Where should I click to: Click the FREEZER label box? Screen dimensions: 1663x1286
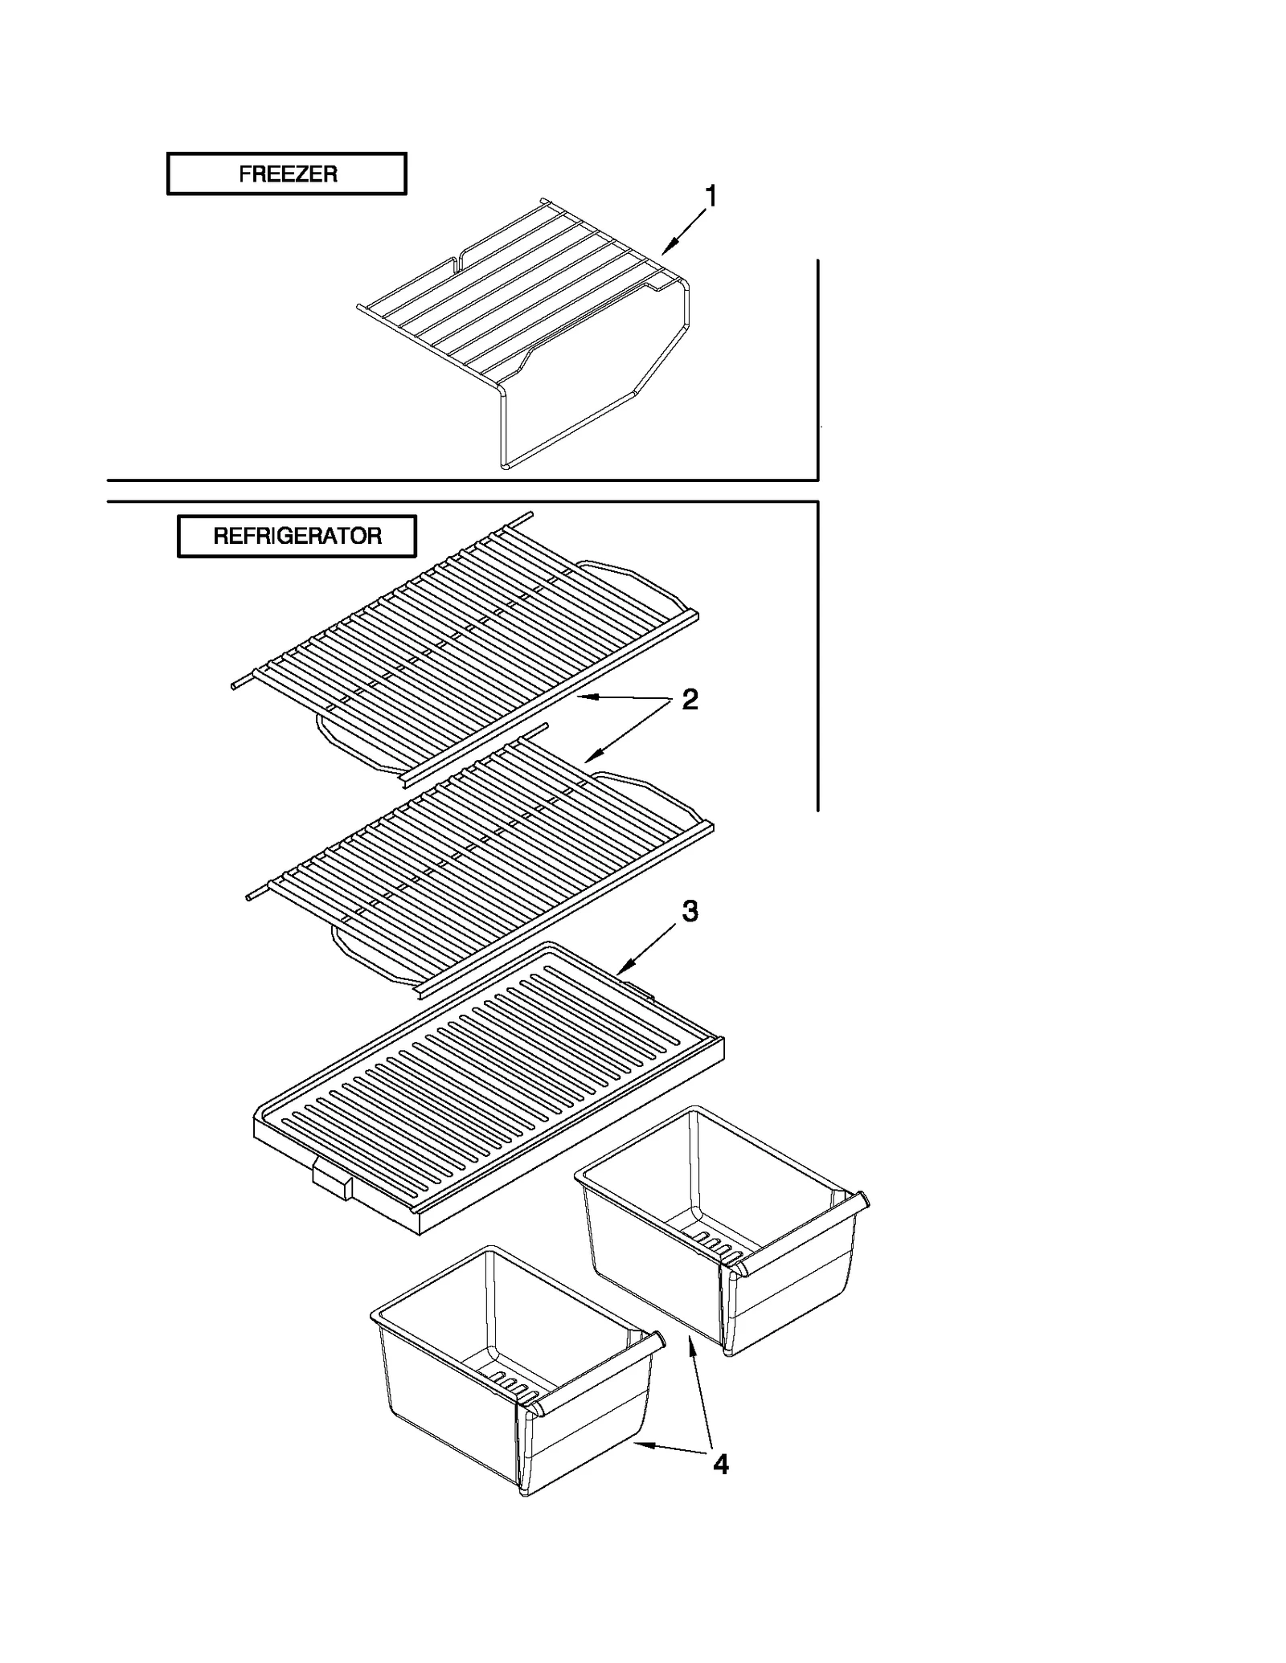[286, 174]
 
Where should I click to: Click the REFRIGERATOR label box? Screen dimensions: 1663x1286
[297, 536]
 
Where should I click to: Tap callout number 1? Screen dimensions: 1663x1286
[711, 196]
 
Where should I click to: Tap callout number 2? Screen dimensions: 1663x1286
[690, 700]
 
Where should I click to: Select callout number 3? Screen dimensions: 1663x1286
[690, 911]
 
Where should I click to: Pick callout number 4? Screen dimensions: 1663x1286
[720, 1465]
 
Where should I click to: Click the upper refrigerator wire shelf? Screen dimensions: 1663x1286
[466, 643]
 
